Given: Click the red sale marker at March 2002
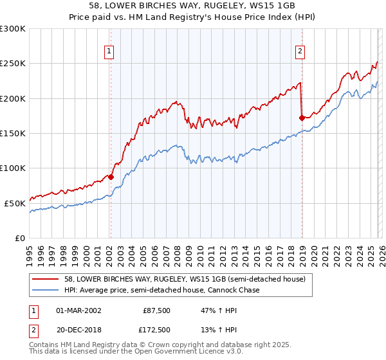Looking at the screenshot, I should click(111, 177).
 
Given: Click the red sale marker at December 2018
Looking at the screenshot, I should click(302, 118).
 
